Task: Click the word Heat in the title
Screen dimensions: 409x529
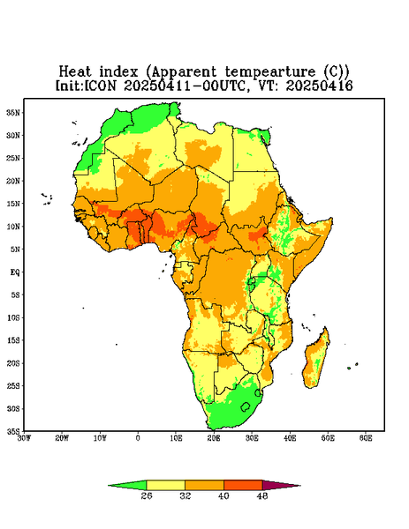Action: click(x=75, y=72)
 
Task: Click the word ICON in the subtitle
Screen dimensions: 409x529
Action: click(x=100, y=86)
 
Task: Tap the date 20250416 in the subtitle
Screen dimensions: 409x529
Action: click(x=320, y=86)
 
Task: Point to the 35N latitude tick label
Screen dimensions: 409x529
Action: click(x=13, y=112)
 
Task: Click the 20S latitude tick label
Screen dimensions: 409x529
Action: click(x=13, y=363)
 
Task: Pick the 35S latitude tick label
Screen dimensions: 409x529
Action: click(x=13, y=431)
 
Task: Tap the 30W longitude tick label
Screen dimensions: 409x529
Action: click(x=24, y=438)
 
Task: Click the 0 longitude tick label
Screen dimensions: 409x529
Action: click(x=138, y=438)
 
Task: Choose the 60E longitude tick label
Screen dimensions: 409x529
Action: click(x=366, y=438)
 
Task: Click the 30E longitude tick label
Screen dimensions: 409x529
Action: click(x=252, y=438)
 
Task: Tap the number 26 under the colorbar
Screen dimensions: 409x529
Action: click(x=147, y=495)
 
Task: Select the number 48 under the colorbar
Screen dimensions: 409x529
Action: click(x=262, y=495)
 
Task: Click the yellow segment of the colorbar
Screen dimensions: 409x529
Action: click(x=165, y=485)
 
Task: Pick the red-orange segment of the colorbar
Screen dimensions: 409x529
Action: click(x=243, y=485)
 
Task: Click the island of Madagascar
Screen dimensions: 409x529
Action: click(x=316, y=360)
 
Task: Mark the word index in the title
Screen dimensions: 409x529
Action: click(x=118, y=72)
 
